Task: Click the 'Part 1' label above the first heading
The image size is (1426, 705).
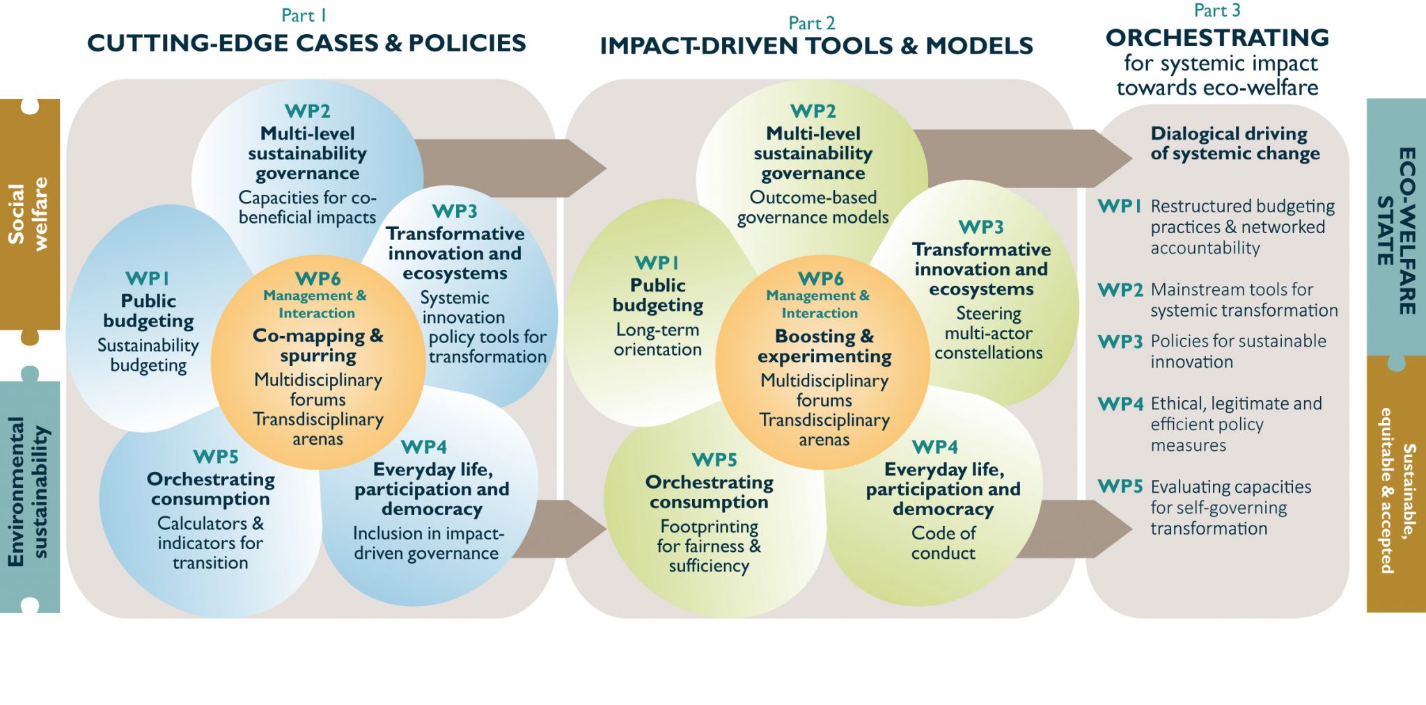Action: pos(304,15)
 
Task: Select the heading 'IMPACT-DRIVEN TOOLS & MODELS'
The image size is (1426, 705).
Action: pos(816,46)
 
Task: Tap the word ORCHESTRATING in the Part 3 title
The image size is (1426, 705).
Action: pos(1217,38)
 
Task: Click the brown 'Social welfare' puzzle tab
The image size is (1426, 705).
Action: pos(29,214)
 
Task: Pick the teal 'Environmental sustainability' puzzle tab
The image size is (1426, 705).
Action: pos(29,491)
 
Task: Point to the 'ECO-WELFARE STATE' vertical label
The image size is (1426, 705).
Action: pos(1397,230)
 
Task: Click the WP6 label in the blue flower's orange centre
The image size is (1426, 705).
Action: pos(318,278)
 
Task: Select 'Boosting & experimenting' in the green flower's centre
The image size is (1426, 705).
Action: pos(824,346)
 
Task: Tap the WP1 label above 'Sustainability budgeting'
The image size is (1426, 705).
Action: pos(148,278)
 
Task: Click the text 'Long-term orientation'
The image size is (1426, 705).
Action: pos(657,340)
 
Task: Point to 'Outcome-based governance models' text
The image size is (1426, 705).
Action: pos(813,207)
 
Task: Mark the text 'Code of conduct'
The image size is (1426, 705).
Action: pos(943,543)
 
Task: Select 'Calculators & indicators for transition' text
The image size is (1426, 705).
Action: pos(210,543)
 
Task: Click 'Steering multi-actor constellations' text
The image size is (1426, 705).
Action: pos(988,333)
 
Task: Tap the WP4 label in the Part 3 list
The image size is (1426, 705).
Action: pos(1120,404)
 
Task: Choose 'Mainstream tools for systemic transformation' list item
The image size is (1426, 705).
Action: pos(1244,300)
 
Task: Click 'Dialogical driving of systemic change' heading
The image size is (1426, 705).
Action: pos(1235,143)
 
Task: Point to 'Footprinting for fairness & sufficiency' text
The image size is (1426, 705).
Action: pos(709,546)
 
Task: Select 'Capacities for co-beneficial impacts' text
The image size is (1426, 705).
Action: pos(307,207)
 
